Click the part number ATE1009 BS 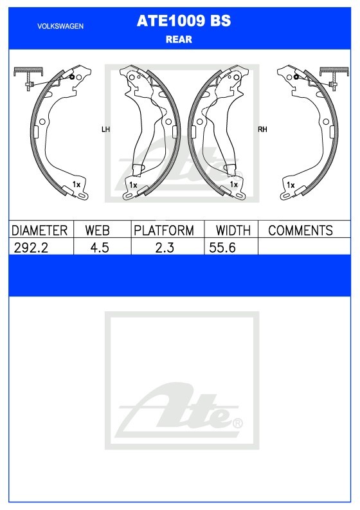(184, 21)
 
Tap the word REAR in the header (179, 39)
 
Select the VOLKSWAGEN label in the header (60, 26)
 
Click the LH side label (105, 129)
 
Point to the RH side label (262, 129)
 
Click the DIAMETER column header (39, 230)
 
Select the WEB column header (97, 230)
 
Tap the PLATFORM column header (164, 230)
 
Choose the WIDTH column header (233, 230)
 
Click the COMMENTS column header (300, 230)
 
